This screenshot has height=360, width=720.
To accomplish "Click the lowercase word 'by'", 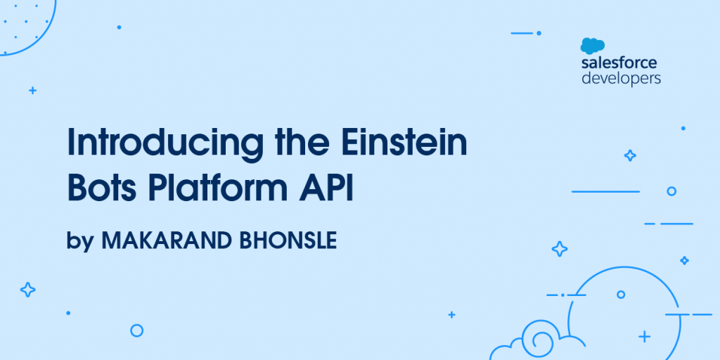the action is click(x=80, y=240).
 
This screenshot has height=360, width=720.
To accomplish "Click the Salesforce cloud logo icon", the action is click(x=592, y=46).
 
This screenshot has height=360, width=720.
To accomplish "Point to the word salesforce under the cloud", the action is click(x=619, y=63).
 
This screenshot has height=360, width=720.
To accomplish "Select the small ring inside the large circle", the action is click(x=621, y=295).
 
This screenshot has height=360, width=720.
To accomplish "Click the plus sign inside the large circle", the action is click(x=645, y=337).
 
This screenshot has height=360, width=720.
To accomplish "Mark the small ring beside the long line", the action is click(x=671, y=191).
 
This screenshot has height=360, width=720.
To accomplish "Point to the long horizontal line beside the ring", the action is click(x=605, y=191).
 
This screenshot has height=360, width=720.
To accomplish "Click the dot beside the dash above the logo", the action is click(x=539, y=33).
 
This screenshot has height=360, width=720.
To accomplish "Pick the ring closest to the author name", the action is click(x=136, y=330).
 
